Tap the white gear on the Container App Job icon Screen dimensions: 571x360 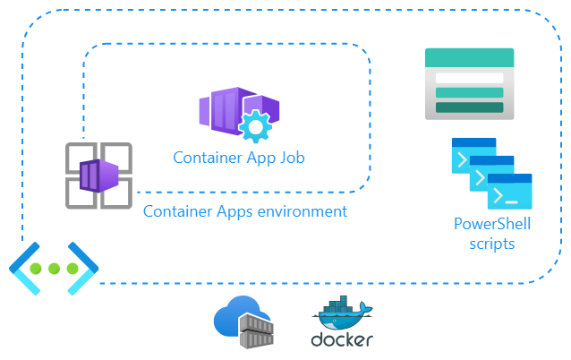(255, 126)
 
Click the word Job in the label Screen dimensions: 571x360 (293, 159)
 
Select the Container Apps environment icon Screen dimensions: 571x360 (98, 176)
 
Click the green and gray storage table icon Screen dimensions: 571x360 (469, 84)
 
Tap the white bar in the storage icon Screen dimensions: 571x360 (469, 78)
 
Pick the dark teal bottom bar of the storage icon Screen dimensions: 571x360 (469, 107)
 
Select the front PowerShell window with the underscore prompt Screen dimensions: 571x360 (509, 192)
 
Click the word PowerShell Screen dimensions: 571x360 (492, 224)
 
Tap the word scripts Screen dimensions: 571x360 (491, 244)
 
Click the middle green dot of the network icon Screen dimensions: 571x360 (54, 269)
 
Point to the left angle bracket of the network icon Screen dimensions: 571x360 (24, 269)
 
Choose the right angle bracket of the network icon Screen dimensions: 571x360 (83, 269)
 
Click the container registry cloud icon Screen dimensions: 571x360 (243, 322)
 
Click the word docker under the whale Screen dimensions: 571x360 (342, 339)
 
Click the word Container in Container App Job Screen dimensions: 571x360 (208, 159)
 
